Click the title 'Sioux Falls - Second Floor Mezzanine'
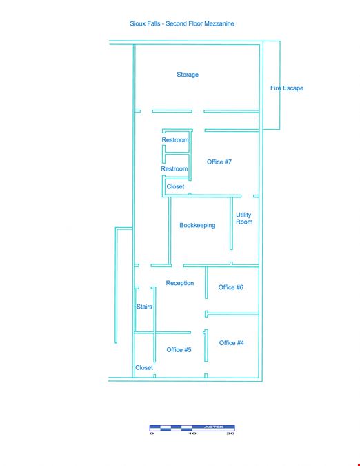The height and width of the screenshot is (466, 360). pyautogui.click(x=182, y=23)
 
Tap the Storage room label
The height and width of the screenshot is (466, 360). pyautogui.click(x=188, y=75)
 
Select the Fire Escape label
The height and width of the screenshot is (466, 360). pyautogui.click(x=287, y=88)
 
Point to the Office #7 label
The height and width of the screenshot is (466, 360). pyautogui.click(x=219, y=162)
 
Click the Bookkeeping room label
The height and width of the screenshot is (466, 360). pyautogui.click(x=197, y=225)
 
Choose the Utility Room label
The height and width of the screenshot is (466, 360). pyautogui.click(x=244, y=218)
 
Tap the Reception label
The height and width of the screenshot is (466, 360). pyautogui.click(x=180, y=283)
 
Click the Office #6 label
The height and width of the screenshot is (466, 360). pyautogui.click(x=230, y=287)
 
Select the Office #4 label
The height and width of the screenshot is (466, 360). pyautogui.click(x=232, y=343)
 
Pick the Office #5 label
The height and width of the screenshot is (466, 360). pyautogui.click(x=179, y=350)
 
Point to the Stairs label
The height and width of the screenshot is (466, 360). pyautogui.click(x=144, y=307)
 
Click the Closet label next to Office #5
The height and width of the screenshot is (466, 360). pyautogui.click(x=144, y=368)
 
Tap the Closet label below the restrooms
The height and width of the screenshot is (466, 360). pyautogui.click(x=175, y=186)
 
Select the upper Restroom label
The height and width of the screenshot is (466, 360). pyautogui.click(x=175, y=139)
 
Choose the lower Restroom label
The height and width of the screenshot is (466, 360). pyautogui.click(x=174, y=169)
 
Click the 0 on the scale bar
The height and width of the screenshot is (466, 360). pyautogui.click(x=152, y=434)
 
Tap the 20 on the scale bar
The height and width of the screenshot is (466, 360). pyautogui.click(x=230, y=434)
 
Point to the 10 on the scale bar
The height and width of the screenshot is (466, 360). pyautogui.click(x=192, y=434)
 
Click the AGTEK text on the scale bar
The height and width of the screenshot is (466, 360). pyautogui.click(x=213, y=427)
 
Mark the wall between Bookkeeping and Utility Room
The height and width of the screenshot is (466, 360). pyautogui.click(x=231, y=224)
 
